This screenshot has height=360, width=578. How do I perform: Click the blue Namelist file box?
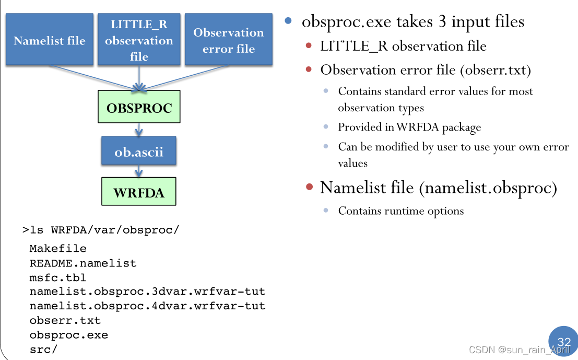pyautogui.click(x=50, y=40)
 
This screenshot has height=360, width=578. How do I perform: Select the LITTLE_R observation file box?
pyautogui.click(x=139, y=40)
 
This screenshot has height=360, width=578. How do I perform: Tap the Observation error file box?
pyautogui.click(x=228, y=40)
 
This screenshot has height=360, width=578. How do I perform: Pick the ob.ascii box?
pyautogui.click(x=139, y=152)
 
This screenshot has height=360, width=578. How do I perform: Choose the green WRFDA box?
pyautogui.click(x=139, y=192)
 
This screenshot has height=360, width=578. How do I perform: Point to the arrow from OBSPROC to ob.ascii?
pyautogui.click(x=139, y=130)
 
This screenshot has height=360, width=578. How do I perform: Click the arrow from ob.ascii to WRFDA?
pyautogui.click(x=139, y=171)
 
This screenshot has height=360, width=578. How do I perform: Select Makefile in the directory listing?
pyautogui.click(x=58, y=248)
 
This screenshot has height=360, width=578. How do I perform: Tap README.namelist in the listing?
pyautogui.click(x=82, y=263)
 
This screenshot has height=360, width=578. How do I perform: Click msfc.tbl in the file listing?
pyautogui.click(x=57, y=277)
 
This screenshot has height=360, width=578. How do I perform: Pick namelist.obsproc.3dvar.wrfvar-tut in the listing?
pyautogui.click(x=147, y=291)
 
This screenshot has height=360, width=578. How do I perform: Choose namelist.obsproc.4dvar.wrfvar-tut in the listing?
pyautogui.click(x=147, y=306)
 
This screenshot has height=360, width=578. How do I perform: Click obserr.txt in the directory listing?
pyautogui.click(x=65, y=320)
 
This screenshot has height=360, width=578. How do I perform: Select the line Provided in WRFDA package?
pyautogui.click(x=409, y=127)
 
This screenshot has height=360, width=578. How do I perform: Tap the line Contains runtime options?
pyautogui.click(x=400, y=211)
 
